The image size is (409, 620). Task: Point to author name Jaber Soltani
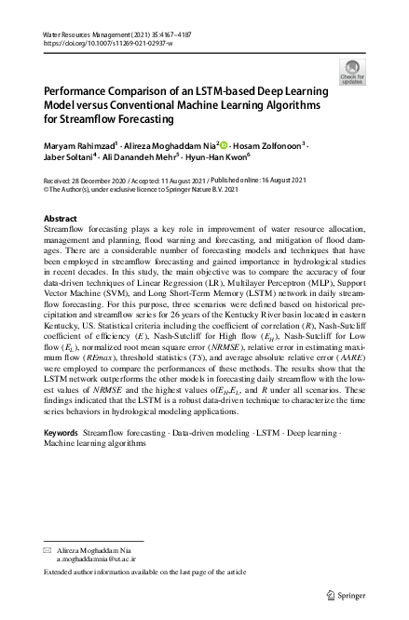point(72,159)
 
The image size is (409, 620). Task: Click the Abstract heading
point(61,218)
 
